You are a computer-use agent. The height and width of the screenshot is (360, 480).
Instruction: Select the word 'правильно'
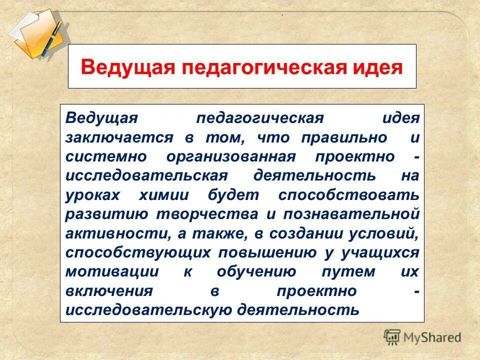tap(344, 137)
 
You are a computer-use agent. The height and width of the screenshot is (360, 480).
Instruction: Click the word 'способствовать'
tap(348, 195)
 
